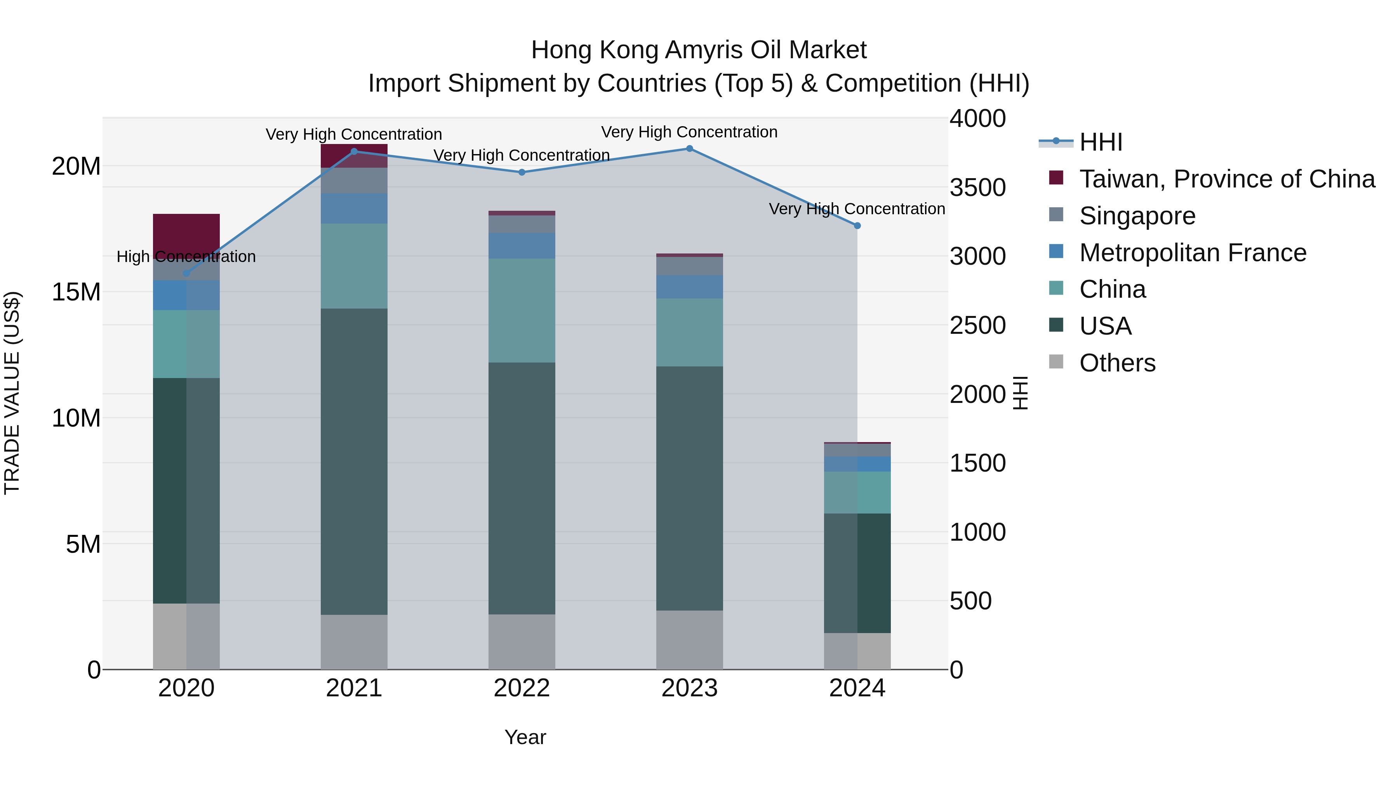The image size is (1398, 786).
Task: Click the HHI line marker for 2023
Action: pyautogui.click(x=689, y=149)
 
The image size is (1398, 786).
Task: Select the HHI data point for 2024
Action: pyautogui.click(x=857, y=226)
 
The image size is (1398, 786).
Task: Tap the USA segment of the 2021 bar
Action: pyautogui.click(x=354, y=461)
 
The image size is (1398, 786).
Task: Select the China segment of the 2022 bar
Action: pyautogui.click(x=522, y=310)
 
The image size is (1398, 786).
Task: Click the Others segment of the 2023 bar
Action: pyautogui.click(x=689, y=640)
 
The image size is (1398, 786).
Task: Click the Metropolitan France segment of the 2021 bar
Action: pyautogui.click(x=354, y=209)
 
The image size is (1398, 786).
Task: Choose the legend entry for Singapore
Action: pyautogui.click(x=1137, y=216)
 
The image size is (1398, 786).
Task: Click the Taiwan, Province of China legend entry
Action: pyautogui.click(x=1226, y=179)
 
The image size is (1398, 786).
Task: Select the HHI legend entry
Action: pyautogui.click(x=1101, y=142)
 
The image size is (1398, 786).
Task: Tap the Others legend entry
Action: pyautogui.click(x=1117, y=363)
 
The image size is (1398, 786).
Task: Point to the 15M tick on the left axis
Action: pyautogui.click(x=76, y=292)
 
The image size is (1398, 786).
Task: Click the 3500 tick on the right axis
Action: pyautogui.click(x=977, y=188)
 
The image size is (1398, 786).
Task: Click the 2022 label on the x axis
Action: pyautogui.click(x=522, y=688)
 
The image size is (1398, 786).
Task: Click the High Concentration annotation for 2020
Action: pyautogui.click(x=186, y=257)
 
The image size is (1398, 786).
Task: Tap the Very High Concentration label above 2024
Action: pyautogui.click(x=857, y=209)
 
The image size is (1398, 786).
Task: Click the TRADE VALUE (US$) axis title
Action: pyautogui.click(x=12, y=393)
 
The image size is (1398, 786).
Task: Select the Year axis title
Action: pyautogui.click(x=525, y=737)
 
